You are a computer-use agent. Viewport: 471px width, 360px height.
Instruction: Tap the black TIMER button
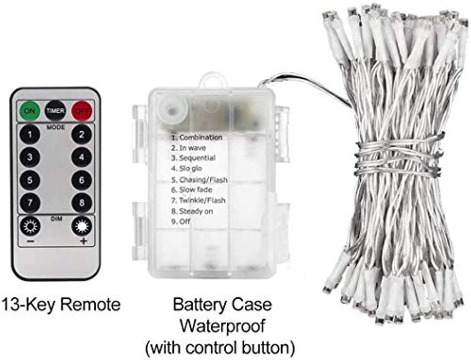(55, 110)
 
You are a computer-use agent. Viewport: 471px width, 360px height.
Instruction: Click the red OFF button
(82, 110)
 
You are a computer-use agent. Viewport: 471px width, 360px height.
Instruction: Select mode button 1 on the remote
(30, 134)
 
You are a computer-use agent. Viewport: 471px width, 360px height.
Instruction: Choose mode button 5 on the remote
(30, 180)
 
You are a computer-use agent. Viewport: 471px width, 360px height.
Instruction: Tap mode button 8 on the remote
(81, 202)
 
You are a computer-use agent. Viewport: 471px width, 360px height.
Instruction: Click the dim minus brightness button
(30, 226)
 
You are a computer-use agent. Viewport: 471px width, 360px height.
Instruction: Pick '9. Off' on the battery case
(180, 221)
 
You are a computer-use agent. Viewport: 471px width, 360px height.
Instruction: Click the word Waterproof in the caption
(222, 326)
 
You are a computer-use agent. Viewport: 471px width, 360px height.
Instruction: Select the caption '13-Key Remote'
(61, 304)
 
